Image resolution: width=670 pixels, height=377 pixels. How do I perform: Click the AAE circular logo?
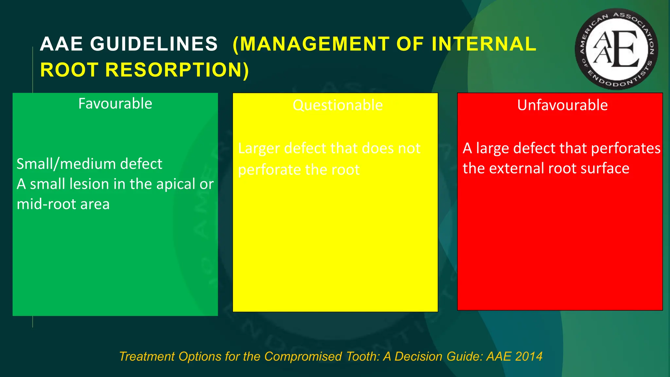point(616,49)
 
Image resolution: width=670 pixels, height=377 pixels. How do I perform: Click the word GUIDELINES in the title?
point(154,44)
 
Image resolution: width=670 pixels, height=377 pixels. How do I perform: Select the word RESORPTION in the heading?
point(177,70)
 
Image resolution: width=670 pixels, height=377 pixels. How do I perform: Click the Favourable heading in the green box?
point(115,104)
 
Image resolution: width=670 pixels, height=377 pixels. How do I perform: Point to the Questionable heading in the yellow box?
point(338,105)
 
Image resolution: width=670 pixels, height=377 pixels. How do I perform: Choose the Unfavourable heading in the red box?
point(562,105)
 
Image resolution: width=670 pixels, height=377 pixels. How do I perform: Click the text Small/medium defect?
point(89,164)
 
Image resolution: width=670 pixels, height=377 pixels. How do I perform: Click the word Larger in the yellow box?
point(259,149)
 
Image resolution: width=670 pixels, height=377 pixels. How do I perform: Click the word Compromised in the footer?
point(303,356)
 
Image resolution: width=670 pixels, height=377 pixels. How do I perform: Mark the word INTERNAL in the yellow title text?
point(484,44)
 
